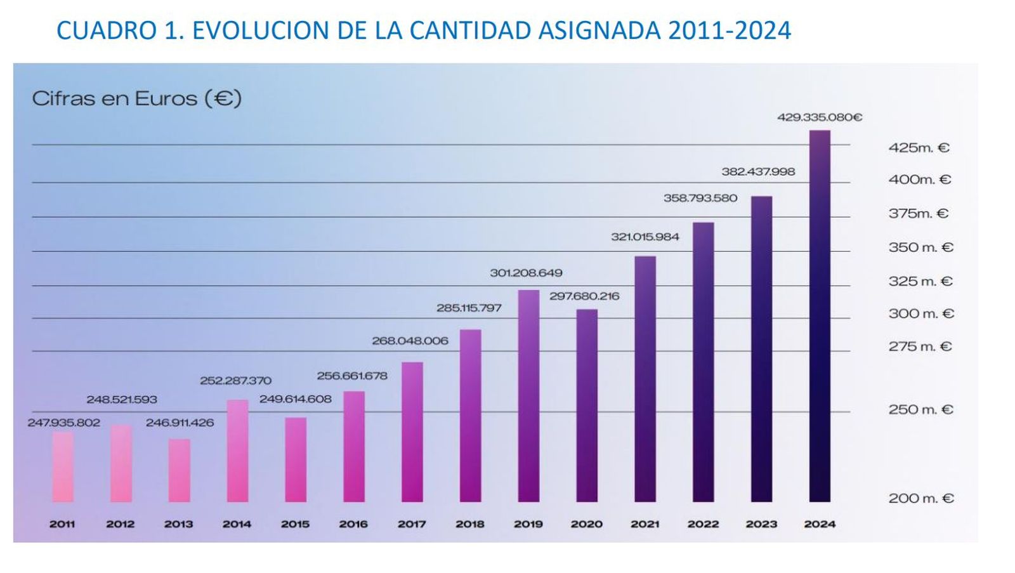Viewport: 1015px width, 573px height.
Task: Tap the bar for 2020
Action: tap(587, 405)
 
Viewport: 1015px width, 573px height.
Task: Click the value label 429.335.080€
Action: tap(820, 117)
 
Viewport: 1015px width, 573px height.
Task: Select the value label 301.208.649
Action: tap(526, 273)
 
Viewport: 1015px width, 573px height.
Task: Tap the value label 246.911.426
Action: tap(180, 423)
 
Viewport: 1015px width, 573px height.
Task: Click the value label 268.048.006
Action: tap(410, 341)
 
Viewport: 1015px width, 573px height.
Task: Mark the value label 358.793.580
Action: tap(700, 198)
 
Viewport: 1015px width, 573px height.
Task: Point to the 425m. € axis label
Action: tap(919, 148)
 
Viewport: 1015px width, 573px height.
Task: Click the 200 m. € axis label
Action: tap(920, 499)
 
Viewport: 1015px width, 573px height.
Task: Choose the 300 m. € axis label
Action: tap(920, 313)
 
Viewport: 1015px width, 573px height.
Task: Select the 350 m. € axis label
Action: tap(920, 247)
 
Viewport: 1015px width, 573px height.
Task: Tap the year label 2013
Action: tap(178, 524)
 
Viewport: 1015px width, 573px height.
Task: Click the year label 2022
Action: tap(703, 524)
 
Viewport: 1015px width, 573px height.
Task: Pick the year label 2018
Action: tap(469, 524)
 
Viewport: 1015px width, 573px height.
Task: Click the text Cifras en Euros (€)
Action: tap(136, 99)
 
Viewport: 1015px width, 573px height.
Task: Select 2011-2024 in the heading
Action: tap(730, 30)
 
